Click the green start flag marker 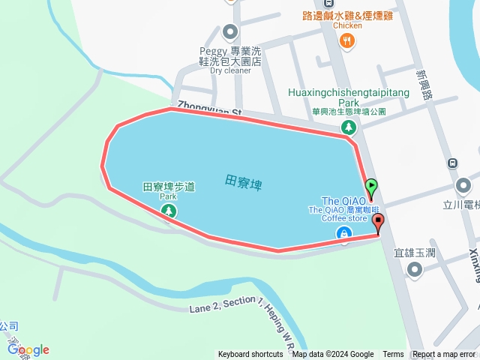[x=371, y=187]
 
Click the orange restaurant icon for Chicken [x=346, y=41]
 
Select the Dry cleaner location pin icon [x=230, y=32]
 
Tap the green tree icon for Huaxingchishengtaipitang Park [x=348, y=127]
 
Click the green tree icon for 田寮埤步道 [x=169, y=211]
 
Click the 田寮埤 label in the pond [x=244, y=181]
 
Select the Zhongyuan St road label [x=209, y=109]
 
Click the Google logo [x=28, y=349]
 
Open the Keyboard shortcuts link [x=250, y=355]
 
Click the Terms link [x=393, y=355]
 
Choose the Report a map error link [x=445, y=355]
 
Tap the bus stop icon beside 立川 [x=452, y=163]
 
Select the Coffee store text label [x=344, y=219]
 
